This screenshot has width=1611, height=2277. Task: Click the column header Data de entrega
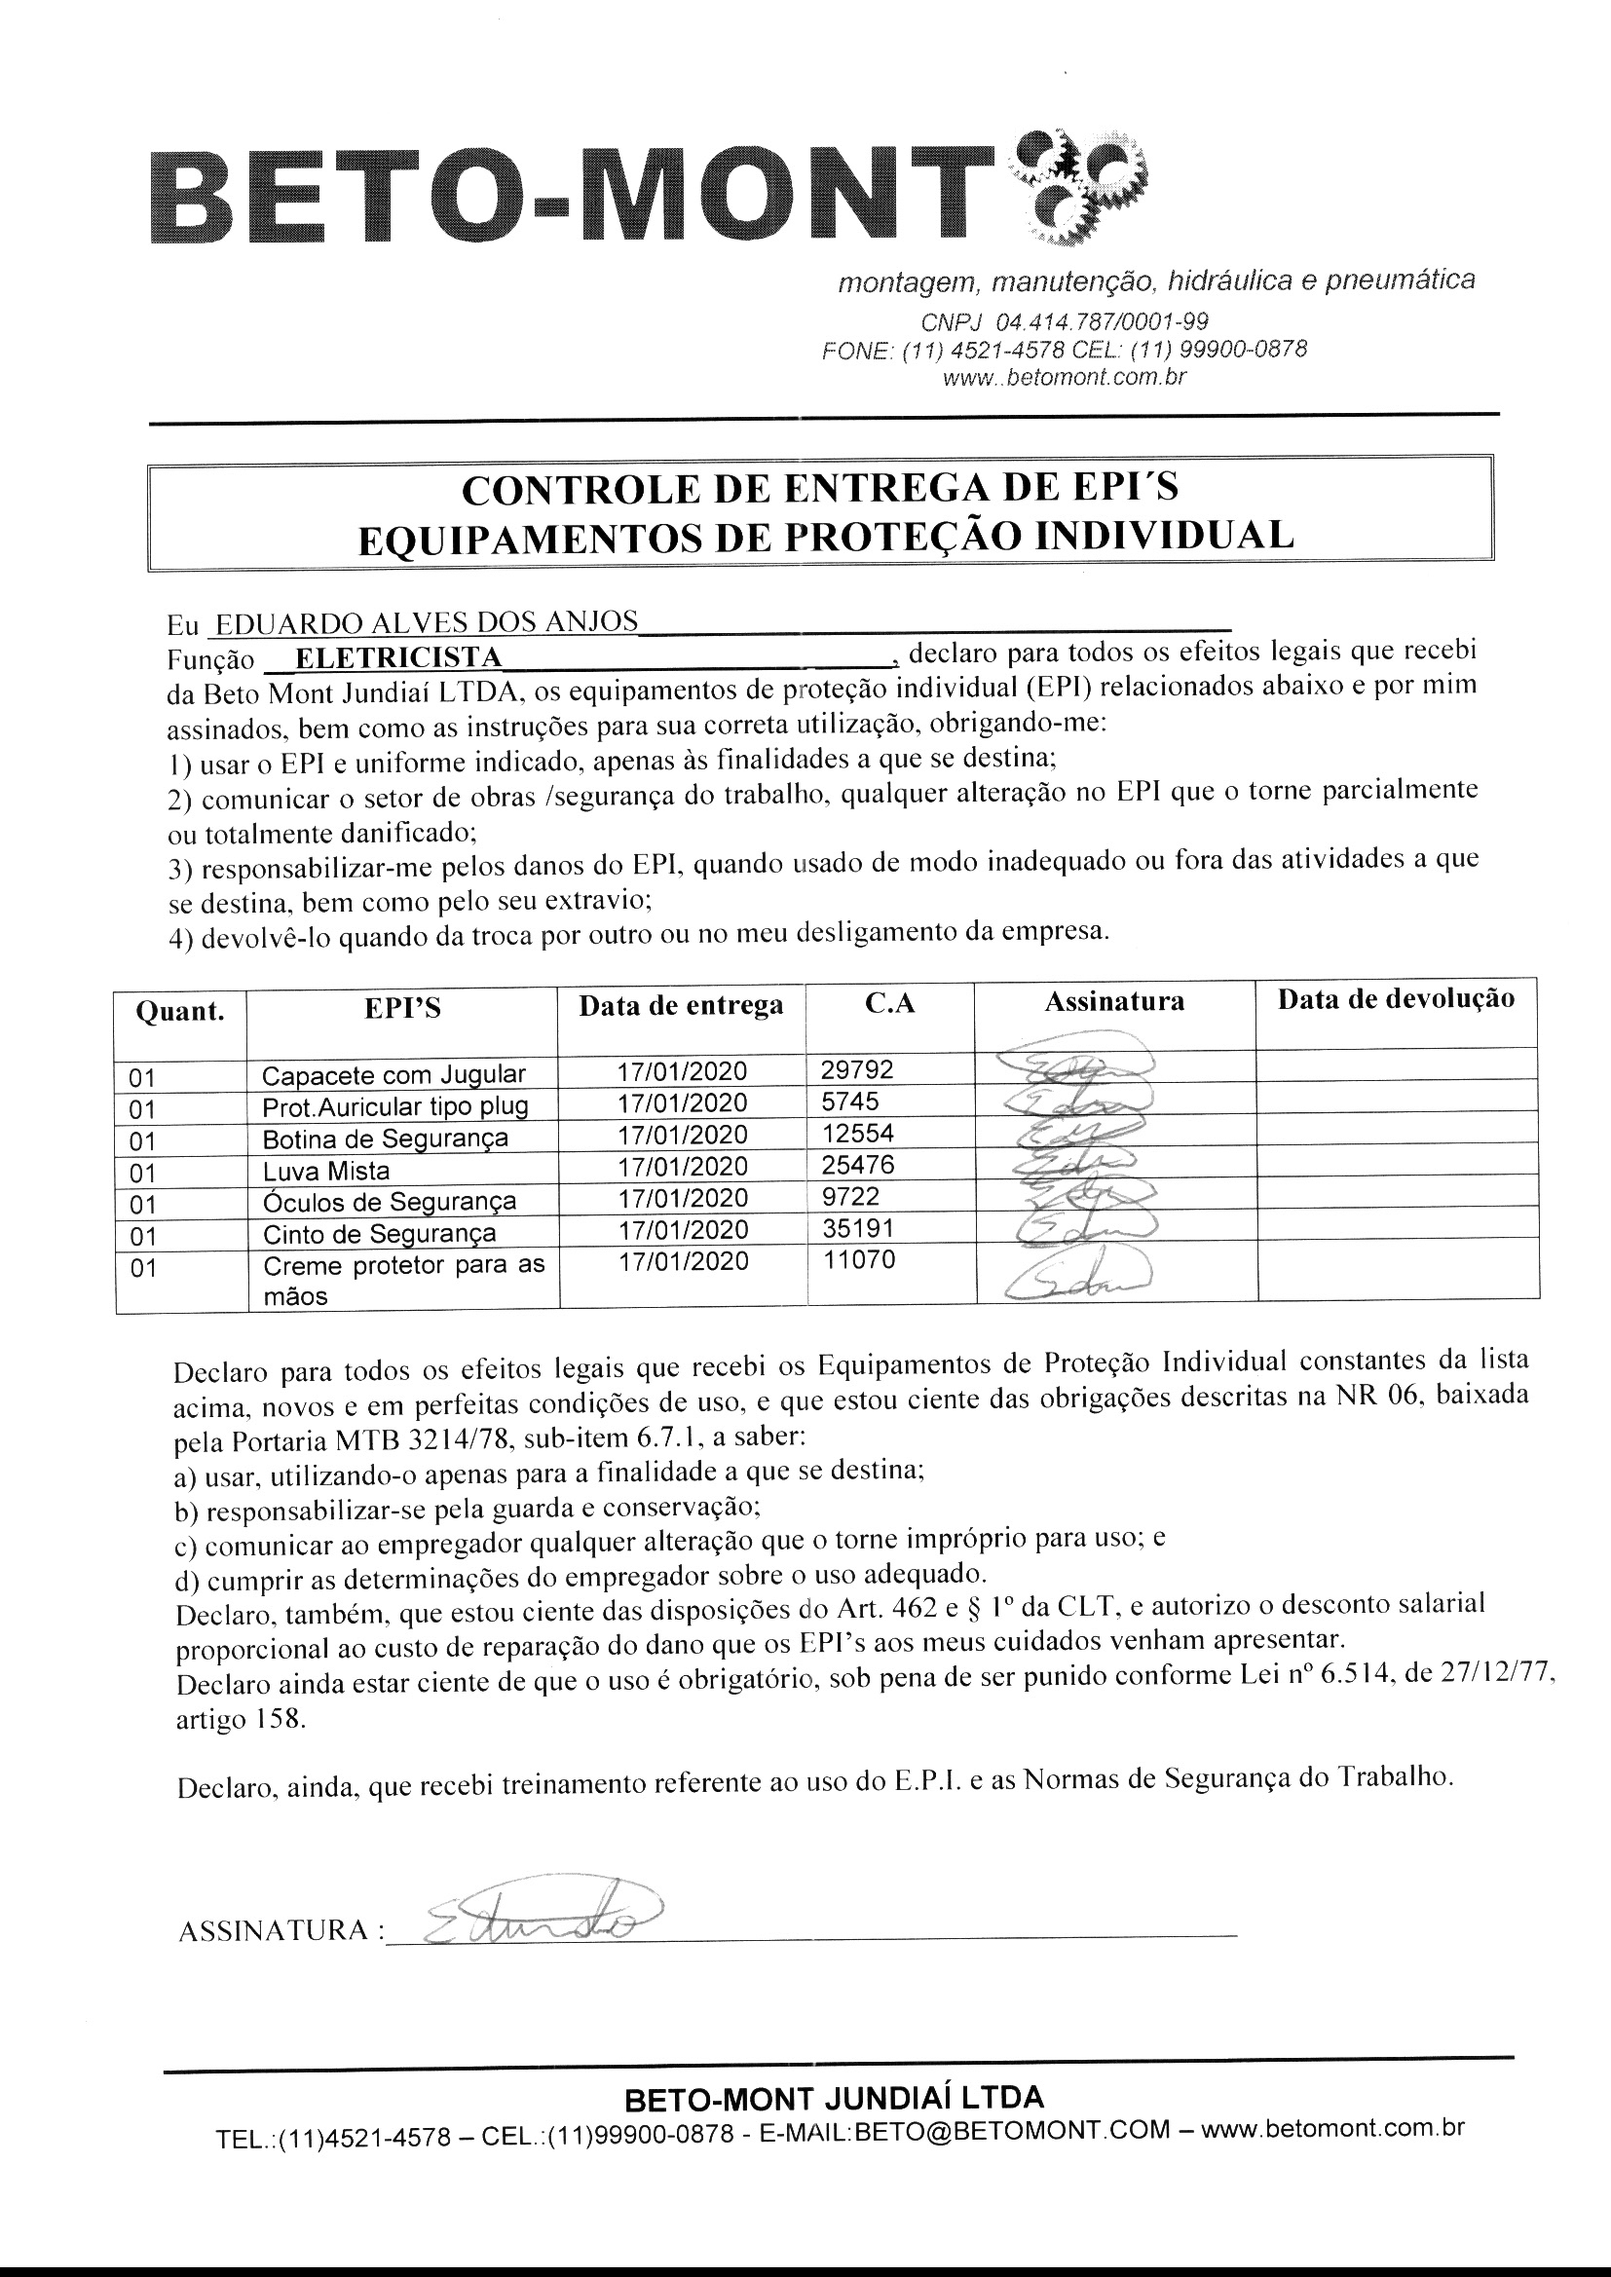(681, 1006)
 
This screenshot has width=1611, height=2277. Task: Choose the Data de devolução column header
(1395, 999)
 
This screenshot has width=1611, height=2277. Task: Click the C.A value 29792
(857, 1069)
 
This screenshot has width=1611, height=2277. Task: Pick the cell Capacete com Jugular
(393, 1075)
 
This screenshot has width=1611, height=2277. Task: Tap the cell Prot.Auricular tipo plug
(394, 1106)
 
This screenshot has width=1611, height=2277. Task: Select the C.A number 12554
(857, 1133)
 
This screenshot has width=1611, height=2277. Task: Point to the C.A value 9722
(850, 1197)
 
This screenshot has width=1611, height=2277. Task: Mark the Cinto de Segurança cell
(379, 1234)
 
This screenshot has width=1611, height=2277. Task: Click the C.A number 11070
(859, 1259)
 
